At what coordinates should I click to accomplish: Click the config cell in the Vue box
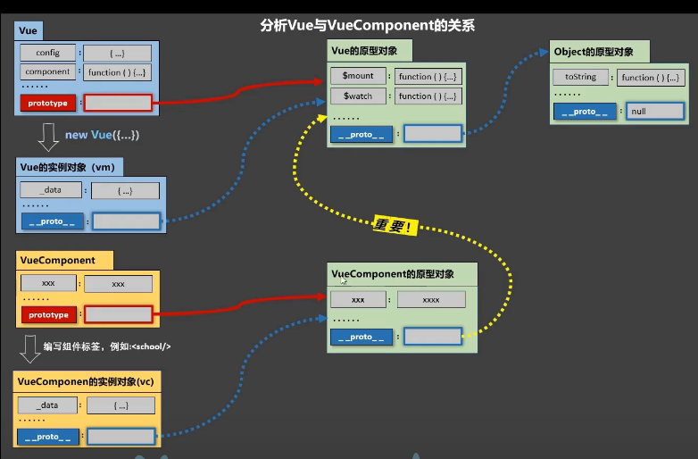[x=48, y=54]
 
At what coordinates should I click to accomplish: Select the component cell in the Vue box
[x=48, y=72]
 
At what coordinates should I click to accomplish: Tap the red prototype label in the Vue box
[x=48, y=103]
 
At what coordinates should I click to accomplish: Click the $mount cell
[x=358, y=77]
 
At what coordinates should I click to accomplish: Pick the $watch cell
[x=358, y=96]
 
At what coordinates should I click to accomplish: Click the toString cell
[x=580, y=78]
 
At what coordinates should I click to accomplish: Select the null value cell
[x=654, y=112]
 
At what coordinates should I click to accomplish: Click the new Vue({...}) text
[x=103, y=136]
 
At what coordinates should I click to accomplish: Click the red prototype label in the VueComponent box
[x=48, y=314]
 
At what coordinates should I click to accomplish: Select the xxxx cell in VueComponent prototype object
[x=430, y=300]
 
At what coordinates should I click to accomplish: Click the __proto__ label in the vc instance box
[x=47, y=437]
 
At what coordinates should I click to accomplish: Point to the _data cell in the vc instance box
[x=47, y=405]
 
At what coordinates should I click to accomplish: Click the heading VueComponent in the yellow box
[x=57, y=260]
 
